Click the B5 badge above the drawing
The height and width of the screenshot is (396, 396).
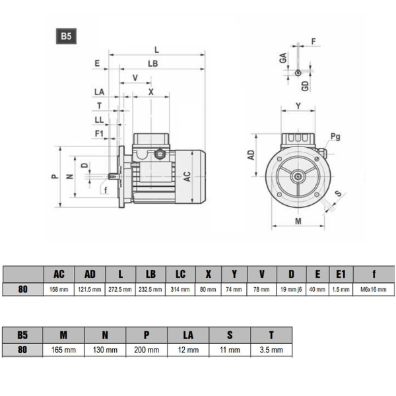[x=66, y=36]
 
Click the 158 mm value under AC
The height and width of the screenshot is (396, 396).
[x=59, y=290]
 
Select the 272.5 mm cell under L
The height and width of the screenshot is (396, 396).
[x=120, y=290]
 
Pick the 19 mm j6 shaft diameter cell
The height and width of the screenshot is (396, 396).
[x=291, y=290]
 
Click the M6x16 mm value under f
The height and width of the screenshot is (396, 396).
[x=374, y=290]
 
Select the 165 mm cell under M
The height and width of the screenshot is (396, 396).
[x=63, y=350]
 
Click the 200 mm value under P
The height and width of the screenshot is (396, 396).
[x=147, y=350]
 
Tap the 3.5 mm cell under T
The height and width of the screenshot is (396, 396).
[x=271, y=350]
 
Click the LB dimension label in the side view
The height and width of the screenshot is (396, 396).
[x=152, y=63]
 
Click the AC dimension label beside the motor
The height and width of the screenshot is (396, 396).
[x=187, y=176]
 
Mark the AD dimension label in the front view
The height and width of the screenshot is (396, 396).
[x=251, y=155]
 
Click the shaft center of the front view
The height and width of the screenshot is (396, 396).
[x=298, y=176]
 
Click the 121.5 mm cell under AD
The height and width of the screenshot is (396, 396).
[x=90, y=290]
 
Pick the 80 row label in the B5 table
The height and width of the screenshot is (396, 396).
[x=22, y=350]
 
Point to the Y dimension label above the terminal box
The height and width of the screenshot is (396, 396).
[x=298, y=106]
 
